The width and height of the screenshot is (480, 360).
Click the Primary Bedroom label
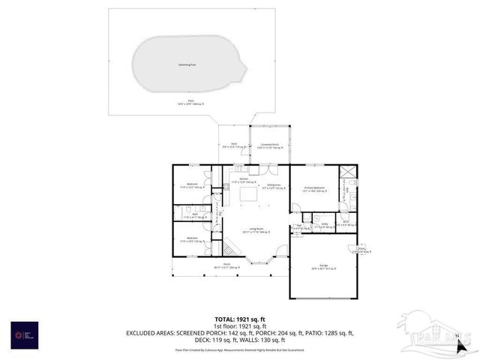tap(313, 189)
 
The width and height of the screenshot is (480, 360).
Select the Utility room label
tap(325, 223)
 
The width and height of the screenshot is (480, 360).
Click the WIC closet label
tap(346, 222)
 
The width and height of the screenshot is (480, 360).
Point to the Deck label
tap(234, 145)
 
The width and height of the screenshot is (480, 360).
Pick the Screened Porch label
tap(270, 145)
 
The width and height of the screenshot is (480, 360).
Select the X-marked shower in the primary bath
tap(349, 172)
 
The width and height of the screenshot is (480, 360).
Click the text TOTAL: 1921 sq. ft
tap(240, 319)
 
